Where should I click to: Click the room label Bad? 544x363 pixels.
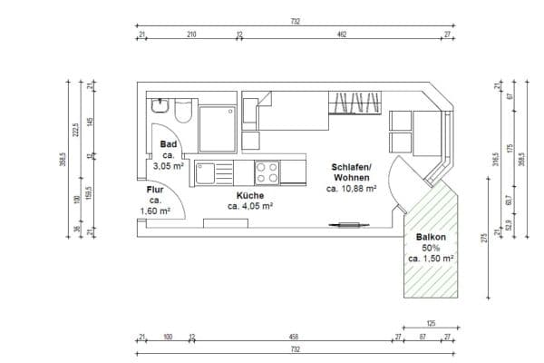[x=169, y=144]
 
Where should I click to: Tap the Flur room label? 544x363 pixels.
[x=155, y=190]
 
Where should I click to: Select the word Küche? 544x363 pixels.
[x=250, y=195]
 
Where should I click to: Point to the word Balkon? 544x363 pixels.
[x=431, y=237]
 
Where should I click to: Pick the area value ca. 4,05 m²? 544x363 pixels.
[x=251, y=207]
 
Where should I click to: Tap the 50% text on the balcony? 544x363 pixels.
[x=431, y=247]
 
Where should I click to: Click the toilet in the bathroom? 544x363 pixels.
[x=182, y=112]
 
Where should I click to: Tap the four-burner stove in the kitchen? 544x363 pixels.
[x=267, y=172]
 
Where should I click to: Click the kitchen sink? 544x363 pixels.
[x=215, y=172]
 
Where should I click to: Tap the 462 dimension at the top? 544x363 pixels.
[x=342, y=35]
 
